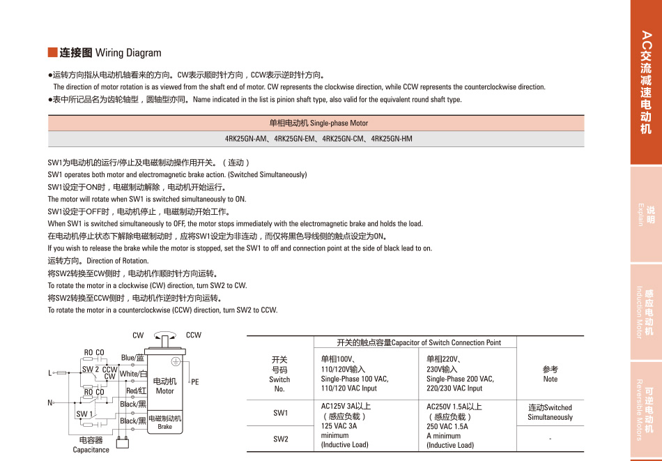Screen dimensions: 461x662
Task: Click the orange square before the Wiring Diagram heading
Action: click(52, 52)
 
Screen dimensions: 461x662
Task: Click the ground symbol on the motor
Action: click(176, 360)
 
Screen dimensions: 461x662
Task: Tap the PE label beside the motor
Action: click(195, 382)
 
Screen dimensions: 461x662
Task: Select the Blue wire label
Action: click(132, 358)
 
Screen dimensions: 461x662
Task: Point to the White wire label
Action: click(133, 374)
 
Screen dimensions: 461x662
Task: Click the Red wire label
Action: click(136, 391)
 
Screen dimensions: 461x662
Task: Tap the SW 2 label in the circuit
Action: click(91, 370)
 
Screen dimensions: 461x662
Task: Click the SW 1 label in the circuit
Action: click(84, 414)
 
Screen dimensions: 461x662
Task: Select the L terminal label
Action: click(50, 374)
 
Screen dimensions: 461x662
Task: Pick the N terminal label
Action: click(50, 403)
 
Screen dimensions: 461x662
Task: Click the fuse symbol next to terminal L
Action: click(61, 373)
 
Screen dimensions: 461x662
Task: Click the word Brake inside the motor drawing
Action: click(164, 426)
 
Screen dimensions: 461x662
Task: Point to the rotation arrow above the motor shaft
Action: click(165, 335)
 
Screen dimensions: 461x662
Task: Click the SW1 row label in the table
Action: click(280, 412)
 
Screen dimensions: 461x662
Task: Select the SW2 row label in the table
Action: click(280, 439)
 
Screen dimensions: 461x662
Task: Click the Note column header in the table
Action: click(550, 374)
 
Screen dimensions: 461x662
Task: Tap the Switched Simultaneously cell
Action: click(550, 412)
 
